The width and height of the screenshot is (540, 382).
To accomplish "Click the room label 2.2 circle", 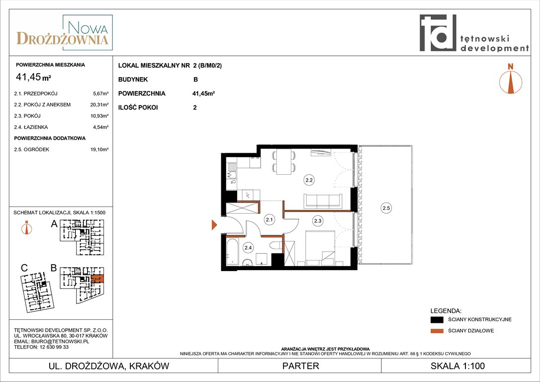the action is click(309, 180).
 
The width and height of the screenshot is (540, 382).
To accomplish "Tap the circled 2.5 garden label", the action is click(386, 208).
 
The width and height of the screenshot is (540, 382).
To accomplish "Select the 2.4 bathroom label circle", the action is click(248, 247).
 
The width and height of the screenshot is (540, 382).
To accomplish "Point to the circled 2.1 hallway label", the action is click(270, 219).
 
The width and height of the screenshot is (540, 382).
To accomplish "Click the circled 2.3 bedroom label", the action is click(318, 221).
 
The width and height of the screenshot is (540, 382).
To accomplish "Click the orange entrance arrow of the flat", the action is click(214, 225).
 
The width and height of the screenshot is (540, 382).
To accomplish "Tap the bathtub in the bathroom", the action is click(233, 252).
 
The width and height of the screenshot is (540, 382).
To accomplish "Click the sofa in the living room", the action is click(323, 201).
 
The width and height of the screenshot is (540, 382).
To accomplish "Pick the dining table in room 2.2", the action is click(284, 162).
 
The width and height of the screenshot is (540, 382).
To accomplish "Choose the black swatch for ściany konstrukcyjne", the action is click(437, 320).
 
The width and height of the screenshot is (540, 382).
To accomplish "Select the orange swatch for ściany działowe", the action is click(437, 331).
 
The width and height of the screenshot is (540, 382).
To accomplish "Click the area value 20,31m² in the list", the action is click(99, 105).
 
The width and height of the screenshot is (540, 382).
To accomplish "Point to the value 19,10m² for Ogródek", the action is click(99, 150).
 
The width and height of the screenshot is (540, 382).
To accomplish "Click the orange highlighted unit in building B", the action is click(97, 279).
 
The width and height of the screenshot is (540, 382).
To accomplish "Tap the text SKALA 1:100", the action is click(457, 366).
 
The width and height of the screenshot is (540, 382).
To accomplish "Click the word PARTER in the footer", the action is click(301, 366).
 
